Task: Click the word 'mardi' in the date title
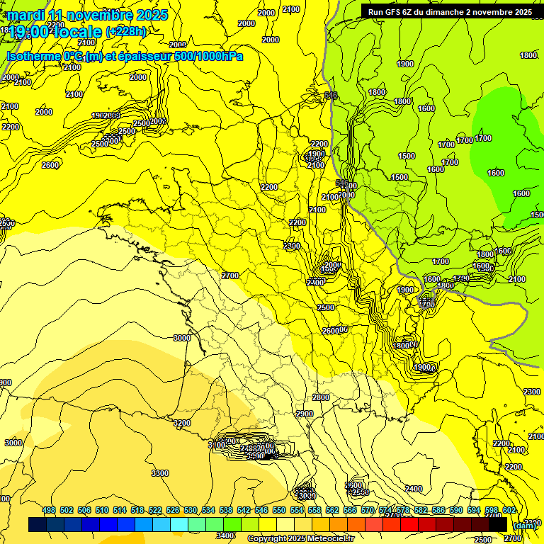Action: tap(25, 15)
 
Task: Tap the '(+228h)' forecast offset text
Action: tap(126, 32)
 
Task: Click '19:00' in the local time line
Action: tap(30, 32)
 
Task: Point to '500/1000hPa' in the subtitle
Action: tap(208, 56)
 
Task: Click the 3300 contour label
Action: tap(160, 473)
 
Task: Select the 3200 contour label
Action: tap(182, 423)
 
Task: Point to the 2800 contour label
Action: tap(321, 397)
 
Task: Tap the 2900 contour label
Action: tap(305, 414)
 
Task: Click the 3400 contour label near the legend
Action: tap(225, 535)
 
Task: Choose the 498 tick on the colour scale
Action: tap(49, 510)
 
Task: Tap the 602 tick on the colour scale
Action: tap(509, 510)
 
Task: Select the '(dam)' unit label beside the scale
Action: tap(524, 525)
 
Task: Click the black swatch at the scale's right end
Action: tap(498, 525)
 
